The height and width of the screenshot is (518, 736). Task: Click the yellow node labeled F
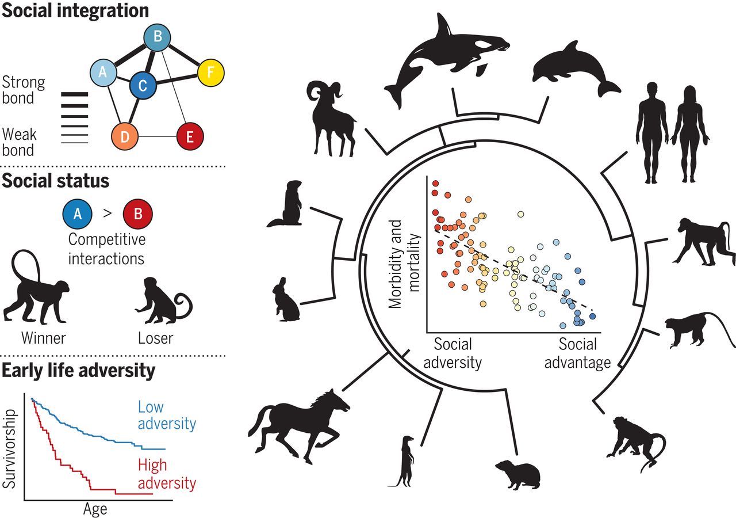(210, 73)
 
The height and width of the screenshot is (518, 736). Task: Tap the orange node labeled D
(125, 136)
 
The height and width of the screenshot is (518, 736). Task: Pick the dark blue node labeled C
(143, 86)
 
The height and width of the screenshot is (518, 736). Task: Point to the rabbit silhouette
(287, 299)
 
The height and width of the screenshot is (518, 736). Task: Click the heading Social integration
(75, 10)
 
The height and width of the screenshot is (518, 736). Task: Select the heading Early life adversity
(79, 371)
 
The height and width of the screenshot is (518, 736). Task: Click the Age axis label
(95, 509)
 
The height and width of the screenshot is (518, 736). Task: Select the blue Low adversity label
(167, 416)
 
